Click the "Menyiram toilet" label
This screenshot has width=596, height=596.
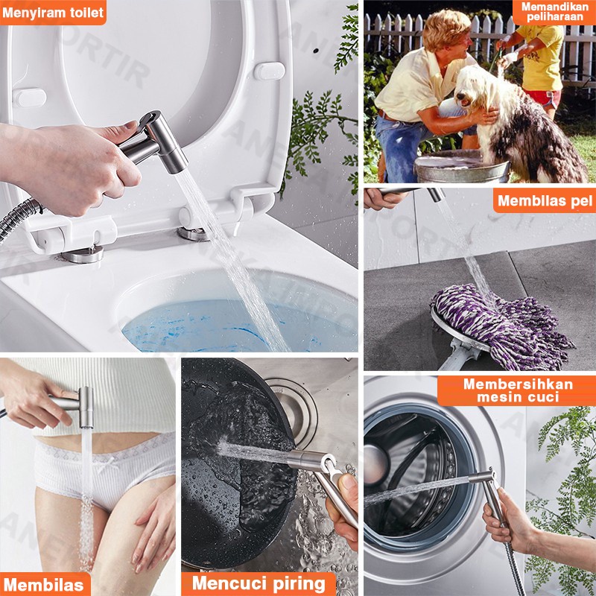(53, 13)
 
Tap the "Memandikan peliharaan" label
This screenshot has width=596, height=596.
(554, 12)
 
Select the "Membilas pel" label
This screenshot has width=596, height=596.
(545, 200)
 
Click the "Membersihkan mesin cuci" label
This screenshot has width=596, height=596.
(517, 390)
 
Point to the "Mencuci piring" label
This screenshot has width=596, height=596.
(259, 584)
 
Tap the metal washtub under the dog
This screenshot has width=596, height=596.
(461, 167)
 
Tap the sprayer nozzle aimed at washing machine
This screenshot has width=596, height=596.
(481, 478)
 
